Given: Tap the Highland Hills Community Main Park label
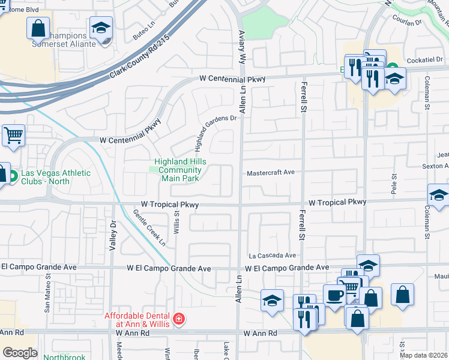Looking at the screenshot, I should click(x=180, y=170).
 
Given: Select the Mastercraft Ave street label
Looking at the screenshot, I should click(x=271, y=173).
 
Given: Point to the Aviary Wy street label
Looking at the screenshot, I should click(x=243, y=49).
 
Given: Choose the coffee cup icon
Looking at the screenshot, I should click(x=334, y=295).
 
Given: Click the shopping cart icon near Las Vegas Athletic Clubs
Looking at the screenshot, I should click(x=13, y=135).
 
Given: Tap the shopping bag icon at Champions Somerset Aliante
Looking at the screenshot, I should click(x=38, y=28).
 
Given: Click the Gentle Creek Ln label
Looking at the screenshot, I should click(x=149, y=227).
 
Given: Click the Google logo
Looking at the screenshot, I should click(x=20, y=353).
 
